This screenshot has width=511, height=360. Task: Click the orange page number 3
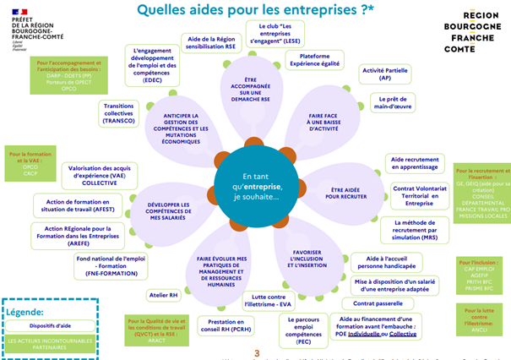click(257, 352)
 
